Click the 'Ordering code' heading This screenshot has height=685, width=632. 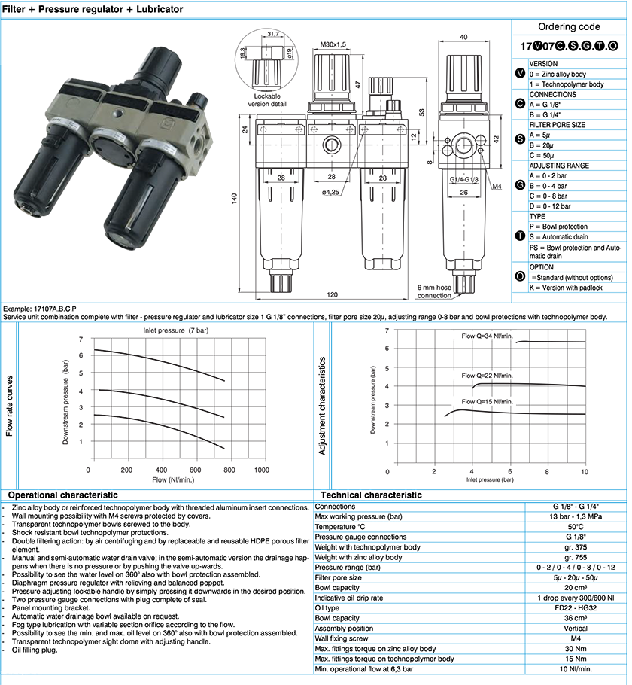[x=569, y=26]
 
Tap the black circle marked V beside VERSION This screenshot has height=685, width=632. [x=520, y=74]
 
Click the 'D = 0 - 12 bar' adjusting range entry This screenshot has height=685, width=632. [x=549, y=206]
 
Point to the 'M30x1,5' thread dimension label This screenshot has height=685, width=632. [x=333, y=44]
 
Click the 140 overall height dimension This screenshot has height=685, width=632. [x=235, y=198]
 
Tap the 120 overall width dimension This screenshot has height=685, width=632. [x=332, y=294]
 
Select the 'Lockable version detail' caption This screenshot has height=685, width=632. [x=267, y=100]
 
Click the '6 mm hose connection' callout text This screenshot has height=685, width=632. [x=434, y=291]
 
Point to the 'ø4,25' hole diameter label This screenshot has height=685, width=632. [x=330, y=192]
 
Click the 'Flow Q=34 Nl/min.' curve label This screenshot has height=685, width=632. [x=487, y=336]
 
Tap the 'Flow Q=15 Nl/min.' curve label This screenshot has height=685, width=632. [x=487, y=401]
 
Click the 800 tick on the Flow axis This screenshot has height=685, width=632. [x=229, y=470]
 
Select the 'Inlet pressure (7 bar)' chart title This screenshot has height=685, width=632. [x=176, y=330]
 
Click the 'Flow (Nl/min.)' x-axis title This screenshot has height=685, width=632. [x=173, y=479]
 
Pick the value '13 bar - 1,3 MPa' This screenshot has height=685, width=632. [x=576, y=516]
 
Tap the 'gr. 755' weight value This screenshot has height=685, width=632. [x=576, y=558]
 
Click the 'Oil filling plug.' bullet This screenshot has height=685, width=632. [x=35, y=650]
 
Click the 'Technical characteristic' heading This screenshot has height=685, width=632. [x=371, y=495]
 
